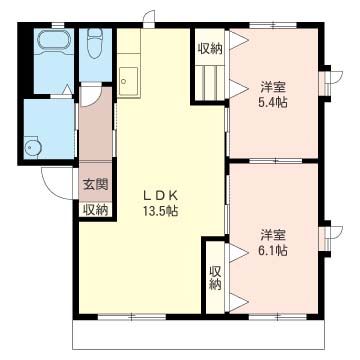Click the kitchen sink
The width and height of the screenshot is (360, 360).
click(129, 78)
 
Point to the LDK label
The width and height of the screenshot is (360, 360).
click(159, 195)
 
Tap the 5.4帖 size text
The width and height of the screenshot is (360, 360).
click(272, 102)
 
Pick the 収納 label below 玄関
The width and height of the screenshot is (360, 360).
click(94, 209)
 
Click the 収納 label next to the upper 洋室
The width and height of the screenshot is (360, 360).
click(209, 49)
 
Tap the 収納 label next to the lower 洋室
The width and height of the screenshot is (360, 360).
click(215, 277)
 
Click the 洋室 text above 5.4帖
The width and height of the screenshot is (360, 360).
click(272, 85)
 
